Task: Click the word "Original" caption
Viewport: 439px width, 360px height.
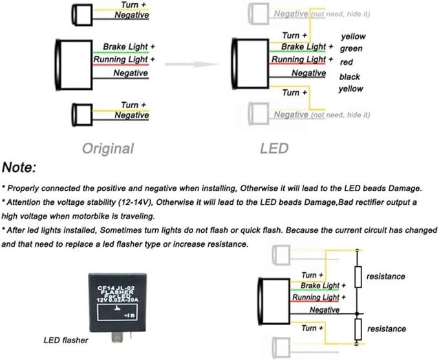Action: [108, 149]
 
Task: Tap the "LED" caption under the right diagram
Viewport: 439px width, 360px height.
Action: [274, 149]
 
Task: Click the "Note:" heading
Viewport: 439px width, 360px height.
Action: [19, 167]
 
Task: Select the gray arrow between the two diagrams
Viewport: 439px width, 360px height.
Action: [192, 65]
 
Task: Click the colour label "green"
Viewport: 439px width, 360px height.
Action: [351, 48]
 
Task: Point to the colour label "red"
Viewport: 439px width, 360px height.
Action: [347, 62]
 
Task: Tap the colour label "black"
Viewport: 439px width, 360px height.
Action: [350, 76]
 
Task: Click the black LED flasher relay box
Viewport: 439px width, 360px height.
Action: [118, 302]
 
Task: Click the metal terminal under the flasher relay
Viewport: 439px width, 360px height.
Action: [117, 337]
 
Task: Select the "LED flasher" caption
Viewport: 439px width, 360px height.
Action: [66, 340]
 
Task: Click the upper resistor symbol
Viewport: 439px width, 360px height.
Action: [358, 277]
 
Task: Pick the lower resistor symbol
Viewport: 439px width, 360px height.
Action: [358, 329]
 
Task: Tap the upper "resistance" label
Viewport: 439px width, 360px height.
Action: [386, 277]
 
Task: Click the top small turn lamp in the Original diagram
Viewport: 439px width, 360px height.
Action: [82, 15]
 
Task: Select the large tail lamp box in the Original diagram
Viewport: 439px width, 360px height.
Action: [74, 65]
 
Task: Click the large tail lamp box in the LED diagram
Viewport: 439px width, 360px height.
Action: [250, 64]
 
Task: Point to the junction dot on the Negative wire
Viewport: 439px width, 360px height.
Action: [358, 313]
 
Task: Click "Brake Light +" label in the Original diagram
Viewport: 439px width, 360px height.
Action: [129, 47]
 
